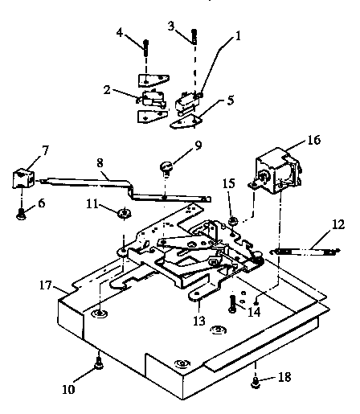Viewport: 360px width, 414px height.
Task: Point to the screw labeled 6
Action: tap(20, 213)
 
